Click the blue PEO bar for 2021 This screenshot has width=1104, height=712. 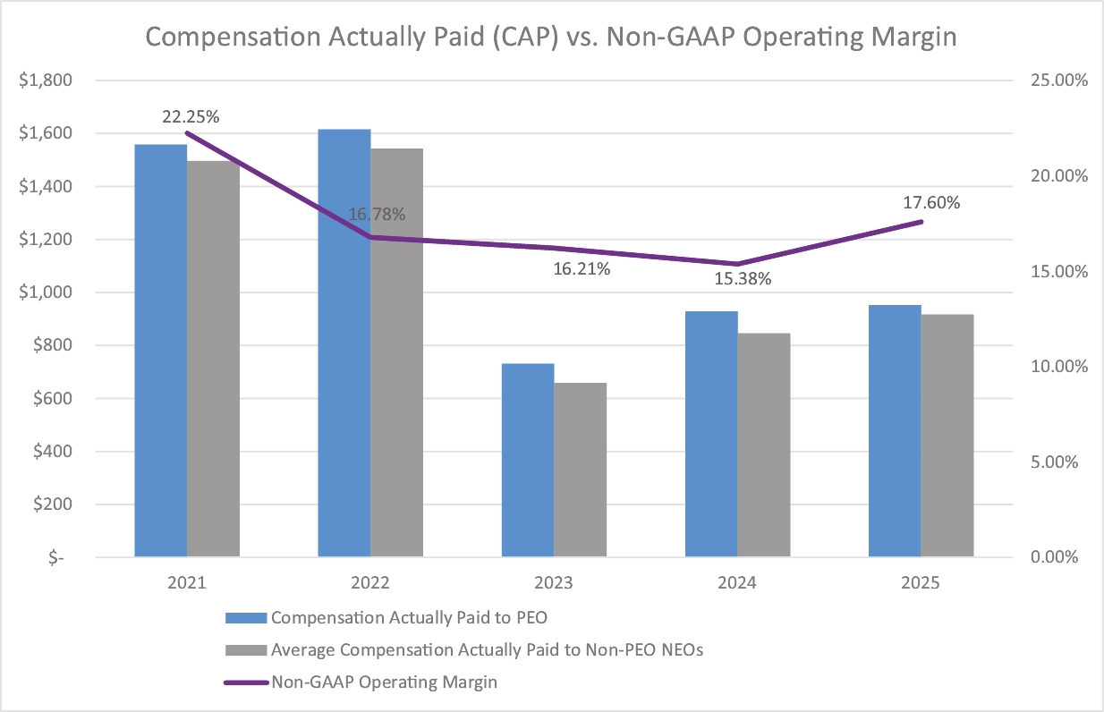(161, 350)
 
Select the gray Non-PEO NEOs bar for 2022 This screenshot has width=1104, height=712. (396, 352)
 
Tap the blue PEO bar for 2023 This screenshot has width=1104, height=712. (528, 460)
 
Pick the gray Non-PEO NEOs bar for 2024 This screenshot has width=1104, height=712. (764, 445)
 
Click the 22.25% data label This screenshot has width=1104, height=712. (191, 116)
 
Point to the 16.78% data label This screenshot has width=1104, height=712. (377, 215)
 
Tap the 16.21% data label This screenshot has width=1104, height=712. (582, 268)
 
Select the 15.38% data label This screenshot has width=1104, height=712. (743, 278)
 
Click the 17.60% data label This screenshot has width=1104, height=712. (931, 203)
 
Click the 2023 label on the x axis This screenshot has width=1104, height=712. (555, 582)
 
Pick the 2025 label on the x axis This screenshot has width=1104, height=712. (921, 582)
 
